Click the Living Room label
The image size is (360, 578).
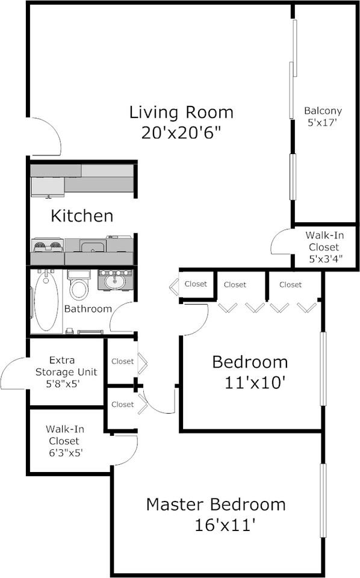[181, 113]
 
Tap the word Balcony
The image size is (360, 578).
[323, 111]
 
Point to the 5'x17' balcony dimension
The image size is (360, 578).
[323, 122]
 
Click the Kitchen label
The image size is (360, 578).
[82, 216]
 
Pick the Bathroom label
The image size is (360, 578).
[88, 309]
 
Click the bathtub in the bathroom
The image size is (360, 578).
[46, 301]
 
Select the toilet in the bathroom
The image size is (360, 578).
[79, 285]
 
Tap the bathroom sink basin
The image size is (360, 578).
[114, 281]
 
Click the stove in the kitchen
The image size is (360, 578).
[48, 246]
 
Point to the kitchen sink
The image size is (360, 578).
[93, 246]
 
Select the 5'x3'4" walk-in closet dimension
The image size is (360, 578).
[324, 258]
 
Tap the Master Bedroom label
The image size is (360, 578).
[216, 504]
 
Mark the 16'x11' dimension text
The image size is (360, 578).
[226, 525]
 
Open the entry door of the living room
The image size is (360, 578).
[45, 136]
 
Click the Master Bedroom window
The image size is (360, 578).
[323, 500]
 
